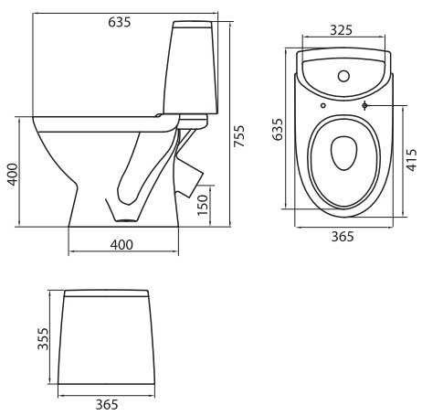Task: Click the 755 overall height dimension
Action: tap(239, 136)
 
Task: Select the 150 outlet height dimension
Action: tap(203, 205)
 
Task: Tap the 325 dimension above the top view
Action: tap(342, 30)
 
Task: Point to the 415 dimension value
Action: tap(411, 160)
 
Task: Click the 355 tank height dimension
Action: tap(43, 338)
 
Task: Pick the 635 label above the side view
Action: tap(120, 22)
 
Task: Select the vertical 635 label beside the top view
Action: tap(278, 129)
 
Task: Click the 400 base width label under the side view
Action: tap(121, 245)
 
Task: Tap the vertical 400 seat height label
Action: tap(13, 174)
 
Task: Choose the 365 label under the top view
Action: tap(343, 236)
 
